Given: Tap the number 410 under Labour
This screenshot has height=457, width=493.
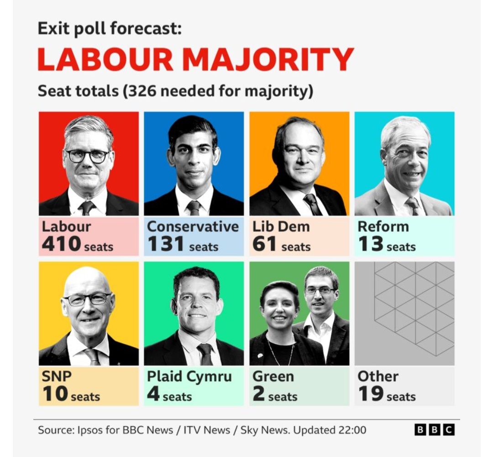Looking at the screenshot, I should coord(61,244).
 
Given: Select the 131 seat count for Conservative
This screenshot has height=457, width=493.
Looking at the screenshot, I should coord(165,244).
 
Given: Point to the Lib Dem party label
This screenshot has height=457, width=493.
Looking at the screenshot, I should coord(281,226).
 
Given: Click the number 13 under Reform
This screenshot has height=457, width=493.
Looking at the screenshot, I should coord(370,244).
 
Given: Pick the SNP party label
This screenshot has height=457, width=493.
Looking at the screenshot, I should coord(57,377).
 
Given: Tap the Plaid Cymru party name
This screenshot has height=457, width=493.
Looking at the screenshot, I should coord(189,377).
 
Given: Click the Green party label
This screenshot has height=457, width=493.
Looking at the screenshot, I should coord(273,377).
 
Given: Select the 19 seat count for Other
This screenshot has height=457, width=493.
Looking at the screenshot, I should coord(370,394).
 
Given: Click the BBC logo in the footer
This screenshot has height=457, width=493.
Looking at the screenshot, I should coord(435,430).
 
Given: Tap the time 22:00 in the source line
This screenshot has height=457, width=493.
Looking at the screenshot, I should coord(352,430).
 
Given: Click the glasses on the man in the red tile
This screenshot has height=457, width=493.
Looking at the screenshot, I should coord(88,156).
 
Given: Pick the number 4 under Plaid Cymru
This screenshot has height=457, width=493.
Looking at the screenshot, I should coord(153,394).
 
